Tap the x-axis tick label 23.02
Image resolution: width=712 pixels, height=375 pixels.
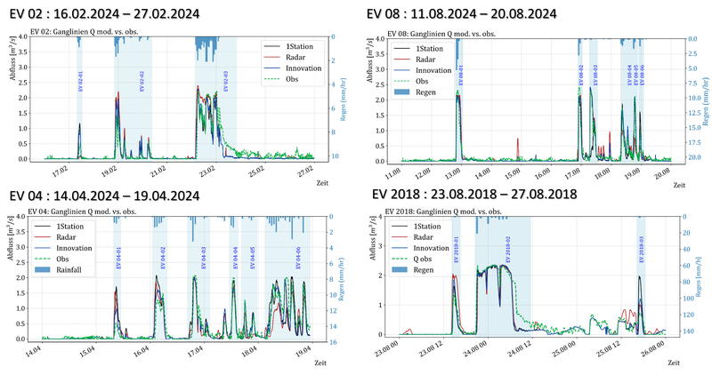pyautogui.click(x=208, y=166)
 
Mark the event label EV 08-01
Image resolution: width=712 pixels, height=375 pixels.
pyautogui.click(x=459, y=76)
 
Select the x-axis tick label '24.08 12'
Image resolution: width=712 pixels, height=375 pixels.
pyautogui.click(x=544, y=350)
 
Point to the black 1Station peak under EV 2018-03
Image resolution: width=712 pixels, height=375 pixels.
pyautogui.click(x=639, y=277)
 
